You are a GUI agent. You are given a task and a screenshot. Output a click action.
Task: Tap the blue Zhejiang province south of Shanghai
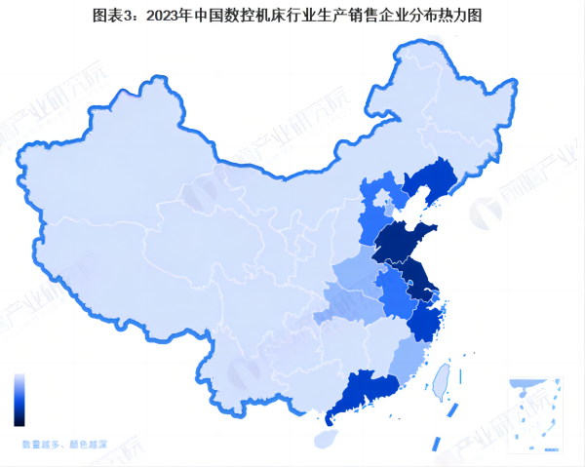click(x=425, y=320)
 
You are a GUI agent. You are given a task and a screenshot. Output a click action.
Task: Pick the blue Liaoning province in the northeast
click(x=429, y=185)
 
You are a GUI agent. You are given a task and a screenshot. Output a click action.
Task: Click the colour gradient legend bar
click(x=19, y=400)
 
